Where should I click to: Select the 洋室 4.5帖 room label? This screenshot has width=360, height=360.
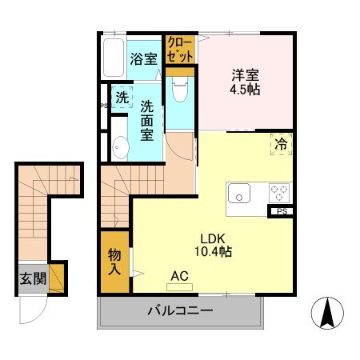pos(246,82)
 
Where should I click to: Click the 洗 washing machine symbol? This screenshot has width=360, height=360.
pos(122,98)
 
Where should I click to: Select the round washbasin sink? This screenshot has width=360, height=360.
pos(121,147)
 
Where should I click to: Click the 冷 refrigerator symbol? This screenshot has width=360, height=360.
pos(281,144)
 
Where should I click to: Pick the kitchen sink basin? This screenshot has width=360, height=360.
pos(239,194)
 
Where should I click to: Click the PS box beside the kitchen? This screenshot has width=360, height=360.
pos(282,212)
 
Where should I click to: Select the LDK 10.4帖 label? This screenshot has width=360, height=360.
pos(216,244)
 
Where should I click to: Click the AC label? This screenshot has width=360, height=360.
pos(178,276)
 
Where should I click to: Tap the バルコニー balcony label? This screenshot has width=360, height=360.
pos(179,311)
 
